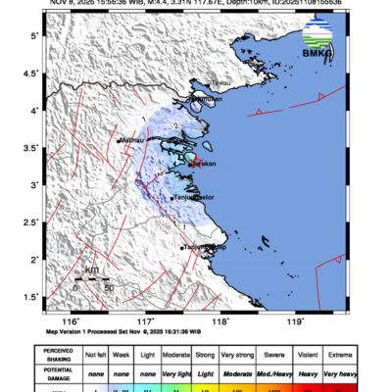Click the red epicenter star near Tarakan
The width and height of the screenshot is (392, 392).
(x=194, y=160)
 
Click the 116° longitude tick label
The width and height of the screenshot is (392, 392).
(x=71, y=320)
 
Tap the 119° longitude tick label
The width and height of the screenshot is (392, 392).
(x=296, y=320)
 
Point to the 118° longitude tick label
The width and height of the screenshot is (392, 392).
(x=220, y=320)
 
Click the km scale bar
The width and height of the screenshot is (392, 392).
(x=92, y=279)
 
